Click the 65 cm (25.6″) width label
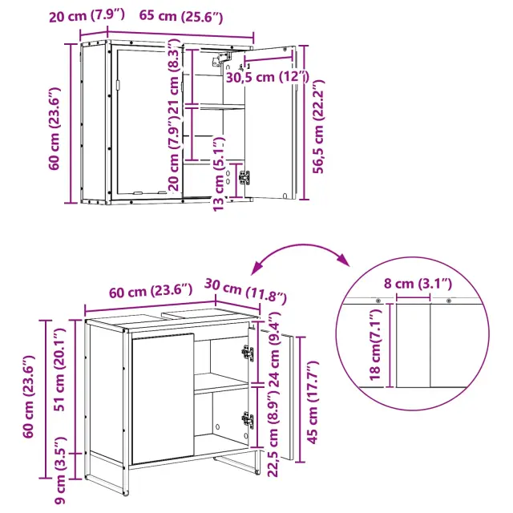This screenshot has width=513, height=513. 181,16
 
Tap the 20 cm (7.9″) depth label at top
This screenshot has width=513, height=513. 87,15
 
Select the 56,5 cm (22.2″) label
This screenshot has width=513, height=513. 318,127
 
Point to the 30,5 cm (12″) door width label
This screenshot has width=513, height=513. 267,77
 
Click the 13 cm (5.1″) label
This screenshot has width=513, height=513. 219,174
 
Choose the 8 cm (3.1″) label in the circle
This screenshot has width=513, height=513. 418,283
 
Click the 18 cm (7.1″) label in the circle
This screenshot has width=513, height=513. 375,345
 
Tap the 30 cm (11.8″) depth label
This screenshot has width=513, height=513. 245,290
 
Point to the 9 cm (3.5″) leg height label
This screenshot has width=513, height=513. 61,471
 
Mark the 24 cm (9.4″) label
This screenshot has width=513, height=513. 273,349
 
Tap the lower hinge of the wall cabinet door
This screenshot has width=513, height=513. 244,178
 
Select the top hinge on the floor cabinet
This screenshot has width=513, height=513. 248,353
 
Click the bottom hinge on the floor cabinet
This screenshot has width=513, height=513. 248,418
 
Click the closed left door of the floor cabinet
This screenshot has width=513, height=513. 163,398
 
